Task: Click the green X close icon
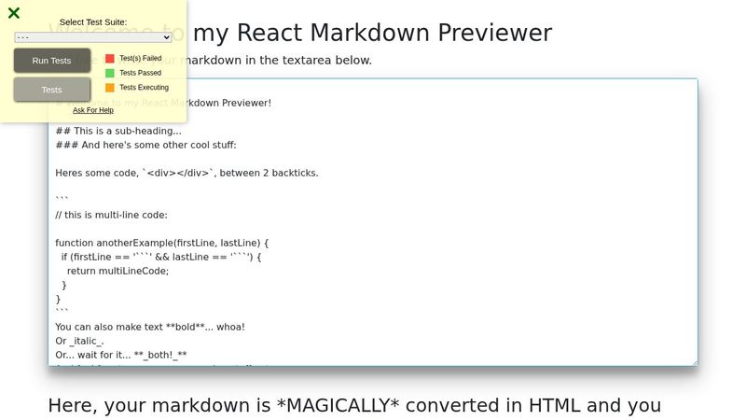(14, 13)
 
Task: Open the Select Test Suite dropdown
(93, 37)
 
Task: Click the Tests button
(52, 90)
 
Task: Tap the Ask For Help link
(93, 110)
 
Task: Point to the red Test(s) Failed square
(110, 58)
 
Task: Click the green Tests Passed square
(110, 73)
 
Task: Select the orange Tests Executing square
(110, 88)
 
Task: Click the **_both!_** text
(160, 356)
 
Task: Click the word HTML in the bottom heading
(555, 406)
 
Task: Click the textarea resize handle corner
(693, 361)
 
